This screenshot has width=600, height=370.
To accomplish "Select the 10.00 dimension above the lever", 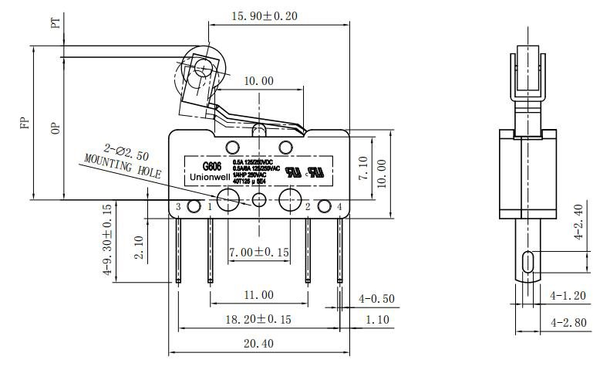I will pyautogui.click(x=258, y=81).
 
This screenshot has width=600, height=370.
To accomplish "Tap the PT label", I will pyautogui.click(x=55, y=22).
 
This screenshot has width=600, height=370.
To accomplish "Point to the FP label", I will pyautogui.click(x=25, y=124).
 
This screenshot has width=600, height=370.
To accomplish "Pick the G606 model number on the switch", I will pyautogui.click(x=212, y=165).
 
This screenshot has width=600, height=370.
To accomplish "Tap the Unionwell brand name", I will pyautogui.click(x=211, y=177).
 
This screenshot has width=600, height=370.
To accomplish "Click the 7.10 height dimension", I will pyautogui.click(x=365, y=168).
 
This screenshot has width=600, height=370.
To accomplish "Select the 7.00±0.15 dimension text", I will pyautogui.click(x=258, y=253).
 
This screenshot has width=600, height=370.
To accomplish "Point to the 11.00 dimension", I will pyautogui.click(x=258, y=294).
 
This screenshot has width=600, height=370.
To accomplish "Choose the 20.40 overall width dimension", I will pyautogui.click(x=258, y=344).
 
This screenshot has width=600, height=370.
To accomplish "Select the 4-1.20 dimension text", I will pyautogui.click(x=568, y=295).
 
